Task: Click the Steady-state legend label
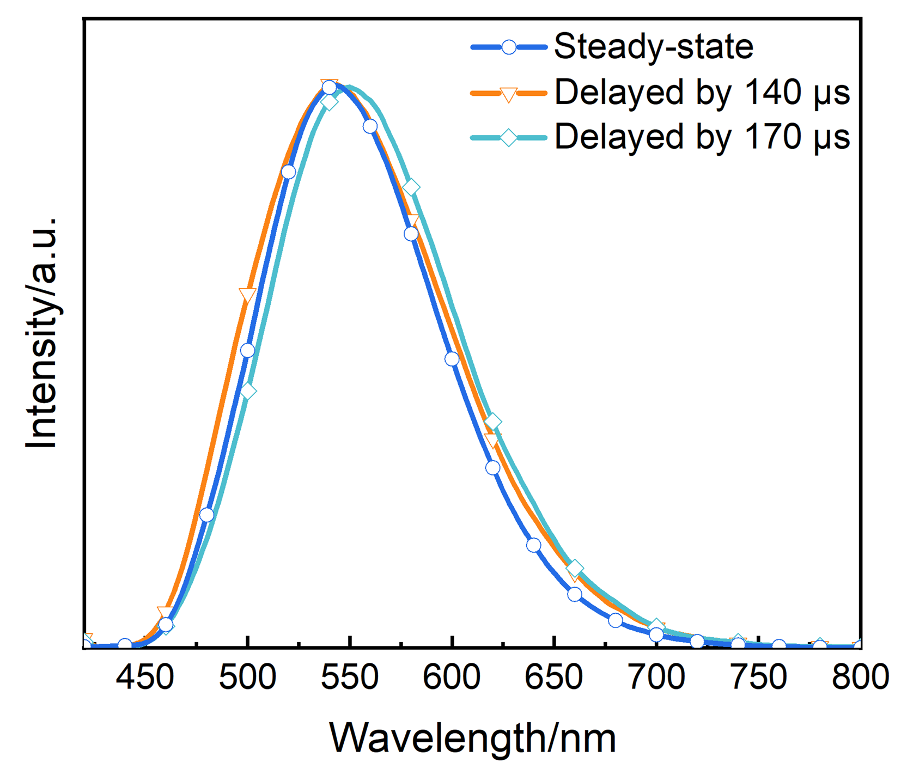(x=653, y=47)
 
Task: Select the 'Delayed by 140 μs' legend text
(x=702, y=93)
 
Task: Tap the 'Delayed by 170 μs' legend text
(x=702, y=137)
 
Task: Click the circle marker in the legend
(x=508, y=47)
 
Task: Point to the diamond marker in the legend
(x=508, y=137)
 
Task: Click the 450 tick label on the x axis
(x=145, y=677)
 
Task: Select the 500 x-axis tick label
(x=247, y=677)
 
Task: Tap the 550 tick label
(x=350, y=677)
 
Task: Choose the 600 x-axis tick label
(x=452, y=677)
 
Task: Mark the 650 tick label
(x=554, y=677)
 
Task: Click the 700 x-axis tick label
(x=656, y=677)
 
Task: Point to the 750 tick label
(x=758, y=677)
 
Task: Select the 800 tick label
(x=860, y=677)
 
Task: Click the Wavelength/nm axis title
(x=472, y=739)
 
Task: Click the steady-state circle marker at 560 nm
(x=370, y=126)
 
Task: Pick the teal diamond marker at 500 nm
(x=248, y=391)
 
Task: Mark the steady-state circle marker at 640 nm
(x=533, y=545)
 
